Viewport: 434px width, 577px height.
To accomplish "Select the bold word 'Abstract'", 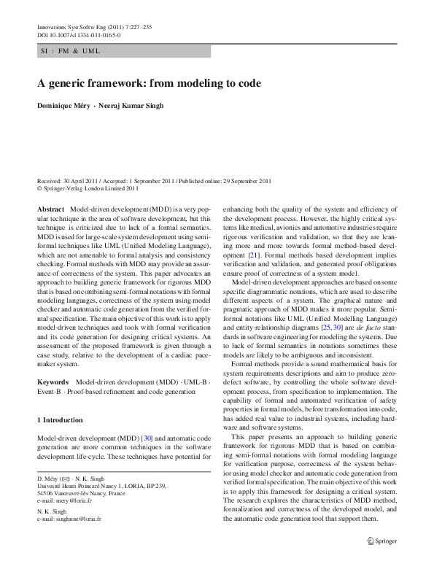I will coord(50,209).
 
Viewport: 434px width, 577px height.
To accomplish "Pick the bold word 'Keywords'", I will coord(53,382).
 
